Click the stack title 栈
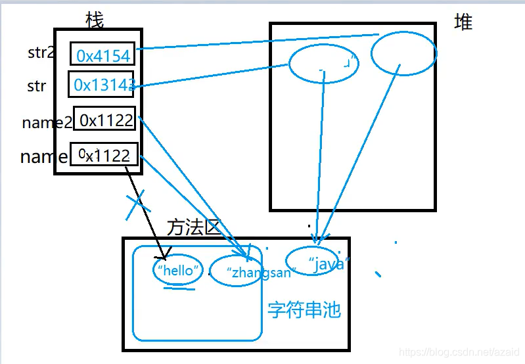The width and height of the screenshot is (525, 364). [x=95, y=20]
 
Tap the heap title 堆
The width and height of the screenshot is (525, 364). [x=463, y=22]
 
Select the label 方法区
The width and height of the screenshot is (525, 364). [x=193, y=227]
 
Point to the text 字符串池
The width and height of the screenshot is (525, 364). [x=304, y=309]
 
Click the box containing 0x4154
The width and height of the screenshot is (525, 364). [x=103, y=55]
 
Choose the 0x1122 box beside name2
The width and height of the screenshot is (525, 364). [x=104, y=120]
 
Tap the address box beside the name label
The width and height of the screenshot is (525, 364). [x=104, y=155]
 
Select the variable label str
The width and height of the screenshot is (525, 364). [x=36, y=86]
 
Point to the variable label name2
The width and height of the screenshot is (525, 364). [x=46, y=122]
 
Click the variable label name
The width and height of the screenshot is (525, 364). [x=43, y=156]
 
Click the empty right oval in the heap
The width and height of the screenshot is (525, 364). [x=403, y=53]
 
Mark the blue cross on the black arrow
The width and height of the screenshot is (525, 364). [x=135, y=205]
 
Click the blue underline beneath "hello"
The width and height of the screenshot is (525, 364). [x=179, y=287]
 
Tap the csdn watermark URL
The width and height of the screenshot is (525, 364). [x=459, y=353]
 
